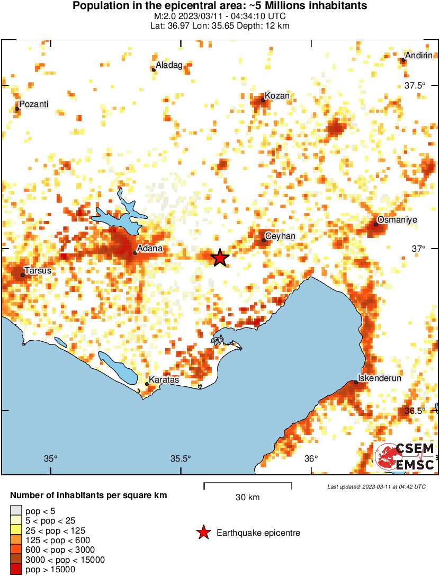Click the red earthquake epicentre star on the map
(220, 258)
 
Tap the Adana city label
(149, 248)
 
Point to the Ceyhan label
(280, 236)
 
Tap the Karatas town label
(164, 380)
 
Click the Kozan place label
(277, 96)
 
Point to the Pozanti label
(34, 104)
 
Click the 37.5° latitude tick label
(415, 86)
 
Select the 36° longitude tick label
(311, 459)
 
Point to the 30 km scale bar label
(247, 497)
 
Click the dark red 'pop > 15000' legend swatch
(16, 570)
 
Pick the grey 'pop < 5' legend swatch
(16, 510)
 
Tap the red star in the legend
(203, 533)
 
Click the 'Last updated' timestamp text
(376, 486)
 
